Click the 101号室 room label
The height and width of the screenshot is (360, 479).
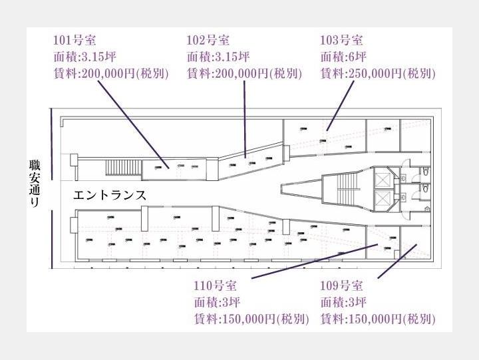click(74, 40)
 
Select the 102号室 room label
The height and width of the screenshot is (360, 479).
click(208, 40)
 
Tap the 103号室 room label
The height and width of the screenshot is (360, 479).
click(341, 40)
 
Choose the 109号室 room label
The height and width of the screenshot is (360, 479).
click(341, 286)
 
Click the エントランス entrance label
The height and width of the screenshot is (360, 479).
click(108, 196)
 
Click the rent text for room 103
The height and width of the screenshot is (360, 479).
click(378, 73)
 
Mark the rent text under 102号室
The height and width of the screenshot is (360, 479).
click(244, 73)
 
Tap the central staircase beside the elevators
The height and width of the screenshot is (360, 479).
click(347, 189)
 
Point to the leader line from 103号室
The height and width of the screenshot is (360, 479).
click(339, 106)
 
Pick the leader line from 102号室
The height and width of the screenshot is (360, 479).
click(245, 116)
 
